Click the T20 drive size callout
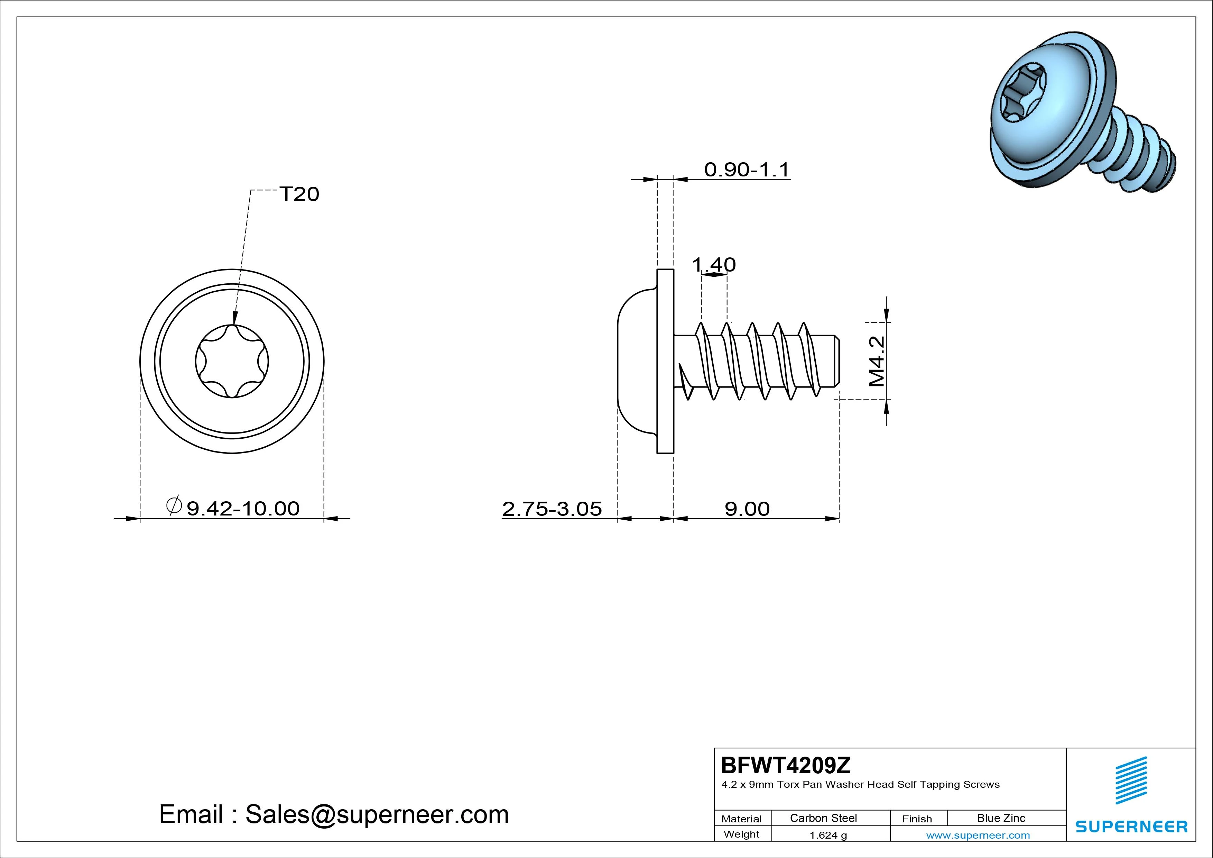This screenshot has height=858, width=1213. (299, 194)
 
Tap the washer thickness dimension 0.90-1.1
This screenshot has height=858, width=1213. (747, 170)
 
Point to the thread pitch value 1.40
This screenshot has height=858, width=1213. (714, 264)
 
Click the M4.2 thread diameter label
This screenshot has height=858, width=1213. (877, 362)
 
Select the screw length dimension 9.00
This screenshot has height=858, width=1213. (747, 509)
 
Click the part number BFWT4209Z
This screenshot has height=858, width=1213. (786, 765)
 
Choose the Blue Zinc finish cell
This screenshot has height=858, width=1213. (1001, 818)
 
